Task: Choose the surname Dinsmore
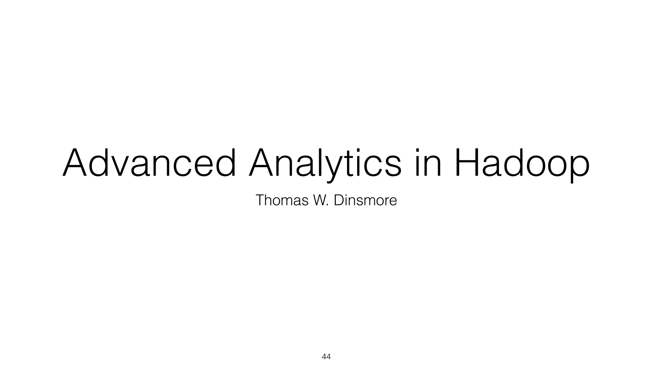tap(365, 200)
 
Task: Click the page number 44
tap(326, 357)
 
